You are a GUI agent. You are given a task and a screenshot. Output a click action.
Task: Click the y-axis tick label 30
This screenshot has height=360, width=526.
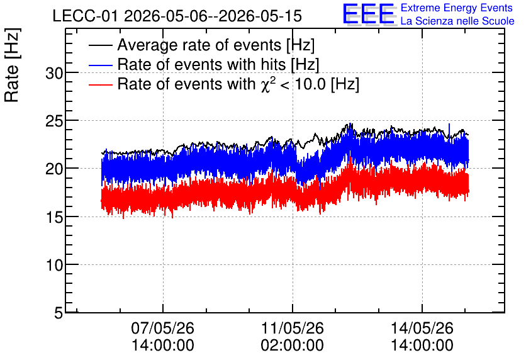click(x=54, y=73)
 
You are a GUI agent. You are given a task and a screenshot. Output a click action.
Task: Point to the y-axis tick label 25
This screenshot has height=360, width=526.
click(x=54, y=121)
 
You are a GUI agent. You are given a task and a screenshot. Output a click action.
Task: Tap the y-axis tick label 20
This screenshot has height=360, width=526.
click(x=54, y=169)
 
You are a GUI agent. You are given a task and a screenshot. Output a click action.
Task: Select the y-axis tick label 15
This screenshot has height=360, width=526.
click(x=54, y=217)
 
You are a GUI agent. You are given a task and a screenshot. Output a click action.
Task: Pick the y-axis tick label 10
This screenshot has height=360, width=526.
click(x=54, y=265)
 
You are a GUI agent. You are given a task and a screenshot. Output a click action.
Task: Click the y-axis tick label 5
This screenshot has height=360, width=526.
click(x=59, y=313)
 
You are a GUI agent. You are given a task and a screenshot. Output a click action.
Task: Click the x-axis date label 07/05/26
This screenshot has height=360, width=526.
click(x=163, y=328)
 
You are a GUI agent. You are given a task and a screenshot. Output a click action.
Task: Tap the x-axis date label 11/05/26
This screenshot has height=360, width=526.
click(x=292, y=328)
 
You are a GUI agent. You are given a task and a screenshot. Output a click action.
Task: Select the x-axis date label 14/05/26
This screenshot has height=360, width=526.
click(x=422, y=328)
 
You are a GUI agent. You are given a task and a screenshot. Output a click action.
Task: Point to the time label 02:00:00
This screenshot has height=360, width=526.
click(x=292, y=345)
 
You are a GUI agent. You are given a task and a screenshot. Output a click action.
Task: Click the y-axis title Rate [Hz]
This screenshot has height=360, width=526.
click(x=12, y=65)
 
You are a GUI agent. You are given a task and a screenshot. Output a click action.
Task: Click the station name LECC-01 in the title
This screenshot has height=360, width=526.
click(x=86, y=16)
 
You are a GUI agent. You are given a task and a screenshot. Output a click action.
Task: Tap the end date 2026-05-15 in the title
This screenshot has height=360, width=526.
click(x=260, y=16)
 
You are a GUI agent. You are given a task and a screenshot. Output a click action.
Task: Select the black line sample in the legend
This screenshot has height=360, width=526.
click(x=100, y=45)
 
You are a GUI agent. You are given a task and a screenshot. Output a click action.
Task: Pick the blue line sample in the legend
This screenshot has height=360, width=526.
click(x=100, y=65)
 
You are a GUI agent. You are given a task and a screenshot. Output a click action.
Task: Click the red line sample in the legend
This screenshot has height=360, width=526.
click(x=100, y=84)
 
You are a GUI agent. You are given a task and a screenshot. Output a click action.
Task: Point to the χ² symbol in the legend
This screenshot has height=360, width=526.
click(x=268, y=84)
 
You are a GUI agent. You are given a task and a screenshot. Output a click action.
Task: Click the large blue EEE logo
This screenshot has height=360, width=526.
click(x=369, y=14)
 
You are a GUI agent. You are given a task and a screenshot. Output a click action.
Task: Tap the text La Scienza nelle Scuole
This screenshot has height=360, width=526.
click(x=457, y=21)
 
